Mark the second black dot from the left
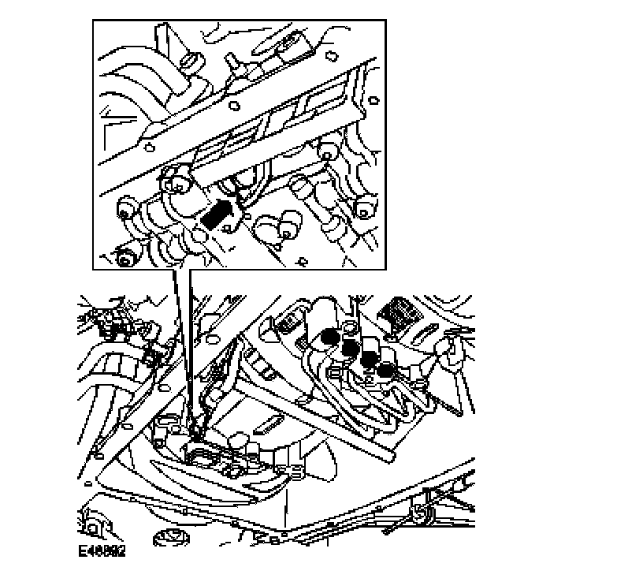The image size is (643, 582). point(348,347)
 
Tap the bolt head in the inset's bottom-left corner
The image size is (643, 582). point(123,258)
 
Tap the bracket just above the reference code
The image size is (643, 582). point(93,523)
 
